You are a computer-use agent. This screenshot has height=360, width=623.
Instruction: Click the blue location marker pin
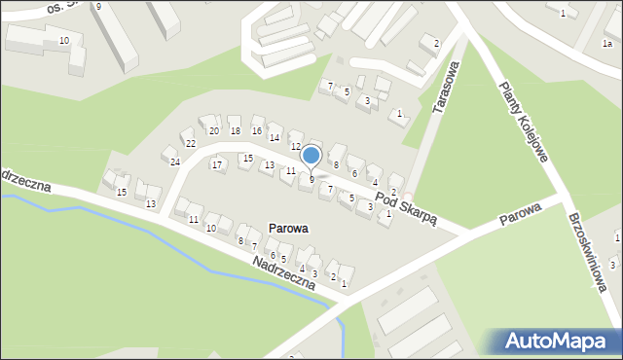click(311, 156)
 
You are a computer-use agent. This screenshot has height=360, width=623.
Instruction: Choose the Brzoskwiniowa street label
click(589, 249)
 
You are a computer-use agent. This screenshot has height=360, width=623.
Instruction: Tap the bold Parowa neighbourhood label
click(284, 229)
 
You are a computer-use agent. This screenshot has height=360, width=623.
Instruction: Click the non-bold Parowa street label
click(520, 213)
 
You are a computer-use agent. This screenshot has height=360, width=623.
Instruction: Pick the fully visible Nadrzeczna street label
click(282, 272)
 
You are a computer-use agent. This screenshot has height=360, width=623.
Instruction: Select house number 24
click(174, 162)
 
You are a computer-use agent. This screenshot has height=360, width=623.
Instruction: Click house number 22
click(190, 144)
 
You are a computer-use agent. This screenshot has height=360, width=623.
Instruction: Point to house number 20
click(213, 131)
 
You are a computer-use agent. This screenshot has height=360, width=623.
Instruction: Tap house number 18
click(235, 131)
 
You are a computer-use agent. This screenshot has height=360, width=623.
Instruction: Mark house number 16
click(257, 131)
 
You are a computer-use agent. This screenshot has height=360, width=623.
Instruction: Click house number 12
click(295, 146)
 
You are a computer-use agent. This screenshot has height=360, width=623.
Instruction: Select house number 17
click(217, 165)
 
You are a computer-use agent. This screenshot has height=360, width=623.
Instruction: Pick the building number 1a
click(607, 44)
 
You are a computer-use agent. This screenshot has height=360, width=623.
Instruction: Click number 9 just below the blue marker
click(311, 179)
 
